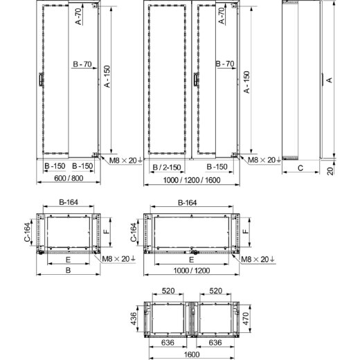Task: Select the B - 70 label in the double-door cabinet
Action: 224,64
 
